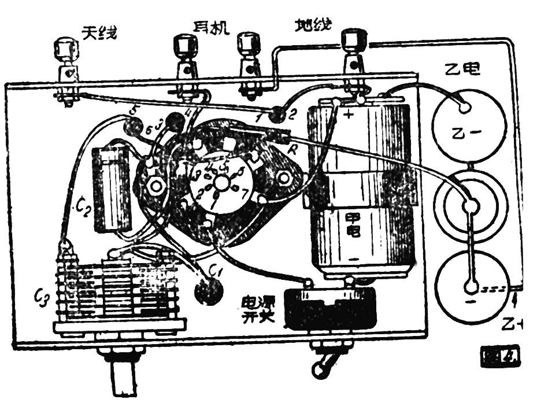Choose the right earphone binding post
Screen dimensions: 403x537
pyautogui.click(x=249, y=46)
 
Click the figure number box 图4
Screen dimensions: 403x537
pyautogui.click(x=501, y=357)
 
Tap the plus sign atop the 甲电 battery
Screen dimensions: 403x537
pyautogui.click(x=349, y=114)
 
